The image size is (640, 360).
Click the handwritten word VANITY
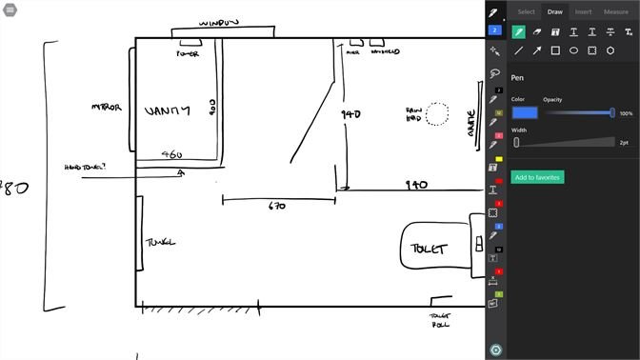167,111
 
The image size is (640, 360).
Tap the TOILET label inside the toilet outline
428,250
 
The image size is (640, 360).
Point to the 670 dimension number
277,206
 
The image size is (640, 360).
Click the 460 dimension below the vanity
171,154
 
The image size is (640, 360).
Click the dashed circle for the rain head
437,114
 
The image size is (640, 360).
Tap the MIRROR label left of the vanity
106,107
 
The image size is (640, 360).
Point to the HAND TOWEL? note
86,167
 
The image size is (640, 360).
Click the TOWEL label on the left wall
160,242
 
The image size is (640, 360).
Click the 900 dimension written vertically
213,110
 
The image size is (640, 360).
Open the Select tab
526,11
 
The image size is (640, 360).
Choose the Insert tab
583,11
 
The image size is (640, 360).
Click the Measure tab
616,11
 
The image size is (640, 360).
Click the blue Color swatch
525,112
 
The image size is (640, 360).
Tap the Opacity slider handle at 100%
612,112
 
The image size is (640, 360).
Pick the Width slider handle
516,142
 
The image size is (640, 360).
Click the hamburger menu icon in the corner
10,9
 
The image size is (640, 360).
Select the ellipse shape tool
573,50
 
